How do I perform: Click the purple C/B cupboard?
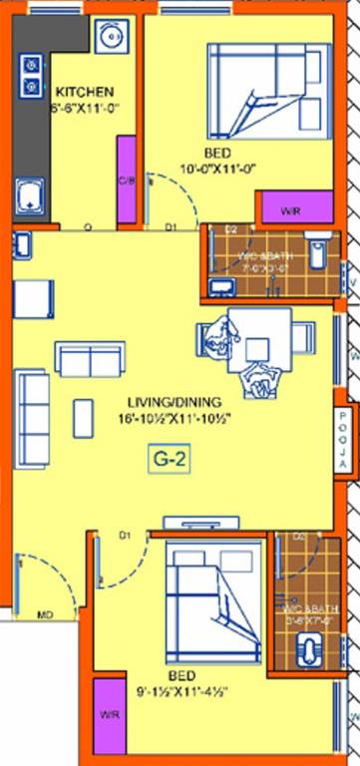pyautogui.click(x=127, y=181)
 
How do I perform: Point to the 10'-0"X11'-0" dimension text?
pyautogui.click(x=218, y=169)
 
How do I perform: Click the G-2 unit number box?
pyautogui.click(x=170, y=460)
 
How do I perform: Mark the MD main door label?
pyautogui.click(x=45, y=615)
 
